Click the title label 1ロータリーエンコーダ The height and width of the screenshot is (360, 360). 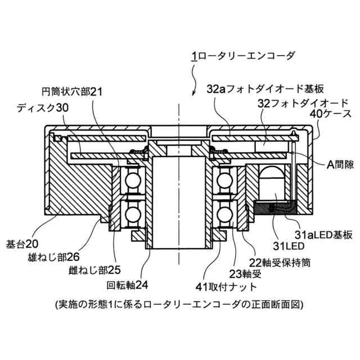coord(242,56)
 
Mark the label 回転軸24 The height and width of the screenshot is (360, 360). coord(127,284)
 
